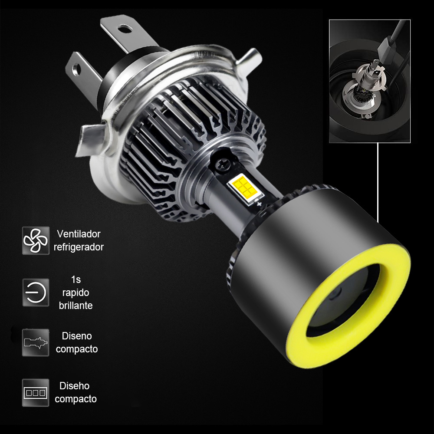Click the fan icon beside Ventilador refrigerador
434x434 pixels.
[x=36, y=240]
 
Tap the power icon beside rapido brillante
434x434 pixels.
[x=36, y=292]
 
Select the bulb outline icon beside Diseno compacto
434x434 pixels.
[x=36, y=342]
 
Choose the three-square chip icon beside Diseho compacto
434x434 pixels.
[x=36, y=392]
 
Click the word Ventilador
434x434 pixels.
[x=79, y=234]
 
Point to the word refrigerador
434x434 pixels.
[x=79, y=247]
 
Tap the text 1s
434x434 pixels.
[x=76, y=279]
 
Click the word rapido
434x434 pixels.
[x=76, y=293]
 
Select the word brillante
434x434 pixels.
[x=76, y=305]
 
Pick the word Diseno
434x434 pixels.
[x=77, y=335]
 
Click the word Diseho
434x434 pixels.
[x=74, y=386]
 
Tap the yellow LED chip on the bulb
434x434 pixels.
[x=244, y=187]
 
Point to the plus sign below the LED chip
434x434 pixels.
[x=259, y=203]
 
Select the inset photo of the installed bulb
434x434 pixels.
[x=369, y=81]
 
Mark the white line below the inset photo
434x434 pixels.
[x=378, y=182]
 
